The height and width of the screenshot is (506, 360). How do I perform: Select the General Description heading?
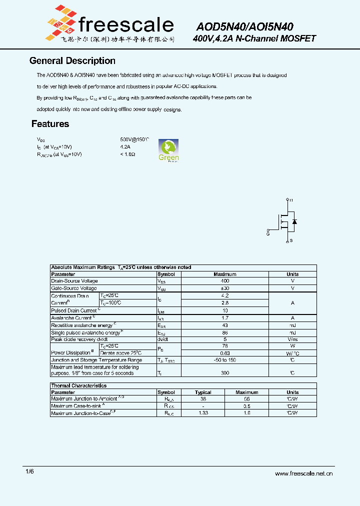[72, 61]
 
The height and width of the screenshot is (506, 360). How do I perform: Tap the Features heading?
[50, 124]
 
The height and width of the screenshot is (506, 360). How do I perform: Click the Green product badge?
[168, 150]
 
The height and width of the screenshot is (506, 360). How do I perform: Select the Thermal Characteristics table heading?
[79, 386]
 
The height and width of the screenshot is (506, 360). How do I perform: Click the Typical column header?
[203, 392]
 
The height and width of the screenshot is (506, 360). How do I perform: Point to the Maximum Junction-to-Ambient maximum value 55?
[247, 399]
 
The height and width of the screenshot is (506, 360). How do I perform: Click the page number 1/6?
[29, 471]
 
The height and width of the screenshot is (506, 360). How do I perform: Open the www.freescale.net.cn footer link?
[303, 473]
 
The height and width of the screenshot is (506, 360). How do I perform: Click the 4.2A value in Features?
[125, 147]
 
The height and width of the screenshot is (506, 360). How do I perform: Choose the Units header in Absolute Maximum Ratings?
[292, 274]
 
